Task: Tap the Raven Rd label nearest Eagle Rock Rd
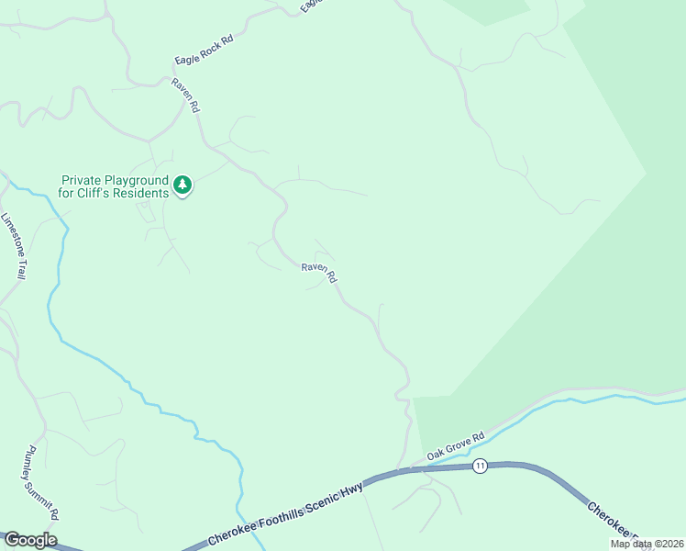pos(184,95)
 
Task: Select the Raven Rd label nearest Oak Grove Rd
pos(320,274)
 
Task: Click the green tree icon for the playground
pos(183,186)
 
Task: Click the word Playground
pos(137,181)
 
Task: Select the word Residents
pos(142,193)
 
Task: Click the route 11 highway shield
pos(480,467)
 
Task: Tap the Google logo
pos(29,540)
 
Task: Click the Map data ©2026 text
pos(646,544)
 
